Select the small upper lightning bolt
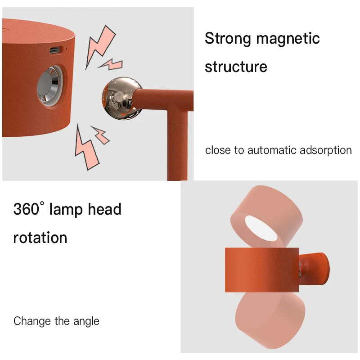111,64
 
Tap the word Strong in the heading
227,39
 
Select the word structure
236,67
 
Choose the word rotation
40,237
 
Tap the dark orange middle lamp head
261,270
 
